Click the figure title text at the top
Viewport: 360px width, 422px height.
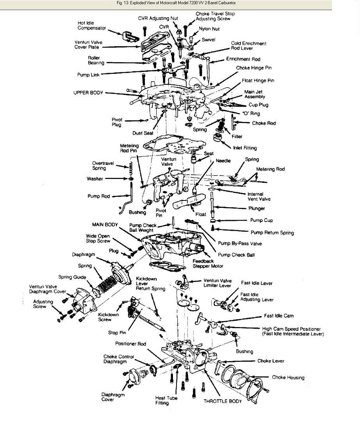pos(176,3)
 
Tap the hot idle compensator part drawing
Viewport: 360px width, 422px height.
pos(128,36)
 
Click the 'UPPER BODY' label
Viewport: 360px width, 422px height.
pos(88,93)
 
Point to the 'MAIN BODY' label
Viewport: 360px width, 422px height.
pos(105,225)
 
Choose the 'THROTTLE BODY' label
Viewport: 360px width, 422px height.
pos(223,401)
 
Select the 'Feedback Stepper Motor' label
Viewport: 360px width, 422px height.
pos(208,263)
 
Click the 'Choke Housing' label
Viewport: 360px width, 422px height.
pos(288,377)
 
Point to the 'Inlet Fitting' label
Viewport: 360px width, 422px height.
pos(245,148)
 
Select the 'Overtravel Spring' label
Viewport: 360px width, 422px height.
pos(99,166)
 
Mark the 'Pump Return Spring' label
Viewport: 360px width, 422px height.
pos(272,232)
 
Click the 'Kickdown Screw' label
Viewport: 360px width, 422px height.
pos(108,317)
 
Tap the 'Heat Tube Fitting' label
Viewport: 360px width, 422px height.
pos(166,401)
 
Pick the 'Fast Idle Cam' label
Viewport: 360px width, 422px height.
pos(279,316)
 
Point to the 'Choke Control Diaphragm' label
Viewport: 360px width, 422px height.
pos(118,359)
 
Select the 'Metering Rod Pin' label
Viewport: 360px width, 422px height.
pos(129,148)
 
